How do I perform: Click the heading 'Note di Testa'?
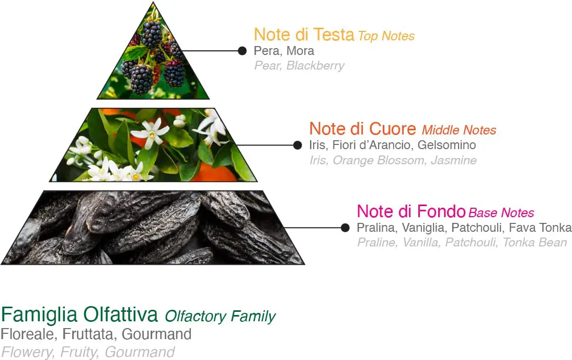(x=304, y=35)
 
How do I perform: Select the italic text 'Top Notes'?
(x=386, y=36)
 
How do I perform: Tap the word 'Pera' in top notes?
(x=267, y=51)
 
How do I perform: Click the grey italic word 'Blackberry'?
(x=315, y=65)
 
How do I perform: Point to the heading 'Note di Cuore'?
(x=363, y=129)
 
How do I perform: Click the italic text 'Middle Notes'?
(x=459, y=130)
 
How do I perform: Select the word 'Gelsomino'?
(x=447, y=145)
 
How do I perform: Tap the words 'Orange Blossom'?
(x=379, y=160)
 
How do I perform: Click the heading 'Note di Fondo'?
(x=411, y=211)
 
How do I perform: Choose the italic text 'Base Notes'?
(x=501, y=212)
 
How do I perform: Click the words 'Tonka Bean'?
(x=535, y=242)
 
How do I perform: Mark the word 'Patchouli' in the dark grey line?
(x=477, y=228)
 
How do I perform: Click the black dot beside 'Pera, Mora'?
(x=242, y=51)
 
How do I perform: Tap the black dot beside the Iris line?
(x=298, y=145)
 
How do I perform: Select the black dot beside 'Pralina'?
(x=345, y=228)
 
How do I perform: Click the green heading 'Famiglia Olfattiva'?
(x=79, y=314)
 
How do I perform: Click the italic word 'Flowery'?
(x=28, y=352)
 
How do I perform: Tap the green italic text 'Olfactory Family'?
(x=220, y=316)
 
